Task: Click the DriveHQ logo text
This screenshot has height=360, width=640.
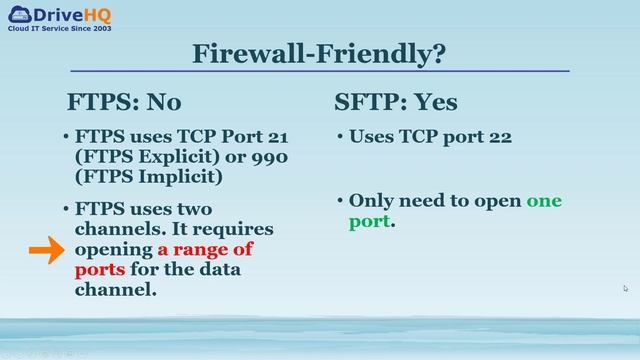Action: (x=71, y=15)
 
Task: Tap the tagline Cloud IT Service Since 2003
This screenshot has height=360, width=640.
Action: (x=60, y=29)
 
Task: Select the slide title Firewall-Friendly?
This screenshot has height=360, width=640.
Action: (x=319, y=53)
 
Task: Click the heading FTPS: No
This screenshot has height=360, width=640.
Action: (x=124, y=102)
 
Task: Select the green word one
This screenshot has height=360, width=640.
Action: (x=544, y=200)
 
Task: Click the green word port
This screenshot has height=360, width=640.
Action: (x=369, y=220)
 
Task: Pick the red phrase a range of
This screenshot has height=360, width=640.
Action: (x=205, y=249)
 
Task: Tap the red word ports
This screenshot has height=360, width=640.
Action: (x=100, y=269)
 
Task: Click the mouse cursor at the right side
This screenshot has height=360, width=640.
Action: (x=625, y=288)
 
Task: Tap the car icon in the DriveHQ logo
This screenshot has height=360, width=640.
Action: (x=18, y=14)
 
